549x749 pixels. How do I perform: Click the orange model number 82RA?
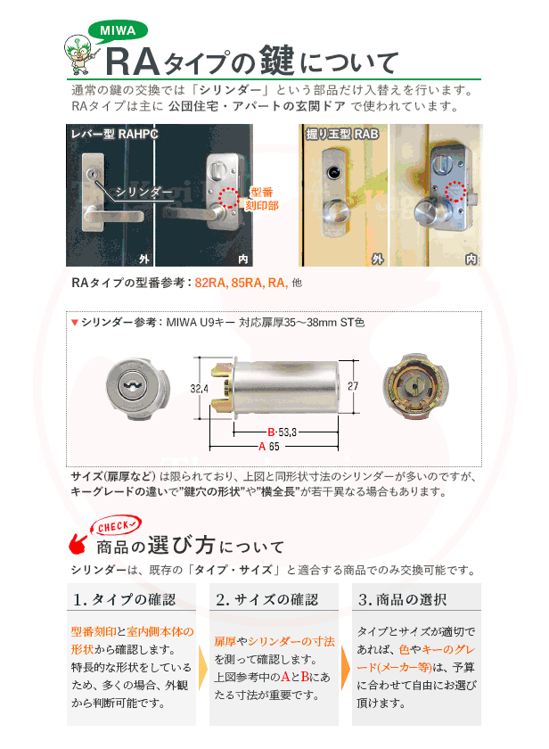click(211, 283)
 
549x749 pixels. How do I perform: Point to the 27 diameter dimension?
click(352, 386)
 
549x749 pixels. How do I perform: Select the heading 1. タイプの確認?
click(125, 598)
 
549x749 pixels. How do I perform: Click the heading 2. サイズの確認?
click(266, 598)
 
